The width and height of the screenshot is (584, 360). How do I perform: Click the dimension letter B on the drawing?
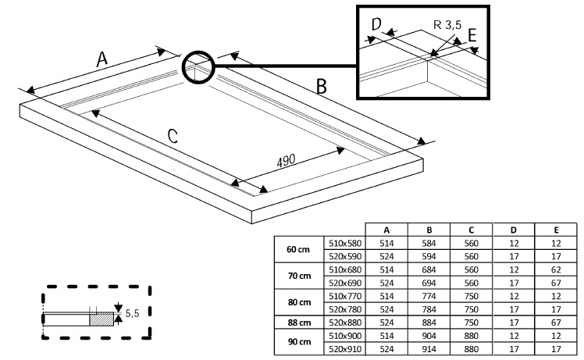pyautogui.click(x=321, y=87)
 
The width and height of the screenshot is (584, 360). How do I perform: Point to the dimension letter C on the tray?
pyautogui.click(x=173, y=135)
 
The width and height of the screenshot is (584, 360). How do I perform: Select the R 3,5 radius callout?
pyautogui.click(x=450, y=26)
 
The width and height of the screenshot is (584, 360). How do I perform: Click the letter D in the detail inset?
pyautogui.click(x=376, y=25)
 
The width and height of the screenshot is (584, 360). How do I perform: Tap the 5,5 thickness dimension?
pyautogui.click(x=132, y=314)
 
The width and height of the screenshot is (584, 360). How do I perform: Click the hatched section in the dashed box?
pyautogui.click(x=101, y=319)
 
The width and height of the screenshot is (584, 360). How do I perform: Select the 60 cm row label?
pyautogui.click(x=297, y=249)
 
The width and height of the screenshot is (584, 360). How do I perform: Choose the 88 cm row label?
pyautogui.click(x=297, y=322)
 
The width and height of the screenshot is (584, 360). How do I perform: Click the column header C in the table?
pyautogui.click(x=472, y=230)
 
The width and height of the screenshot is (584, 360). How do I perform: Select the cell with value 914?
pyautogui.click(x=429, y=349)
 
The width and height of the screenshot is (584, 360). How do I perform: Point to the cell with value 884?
pyautogui.click(x=429, y=322)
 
